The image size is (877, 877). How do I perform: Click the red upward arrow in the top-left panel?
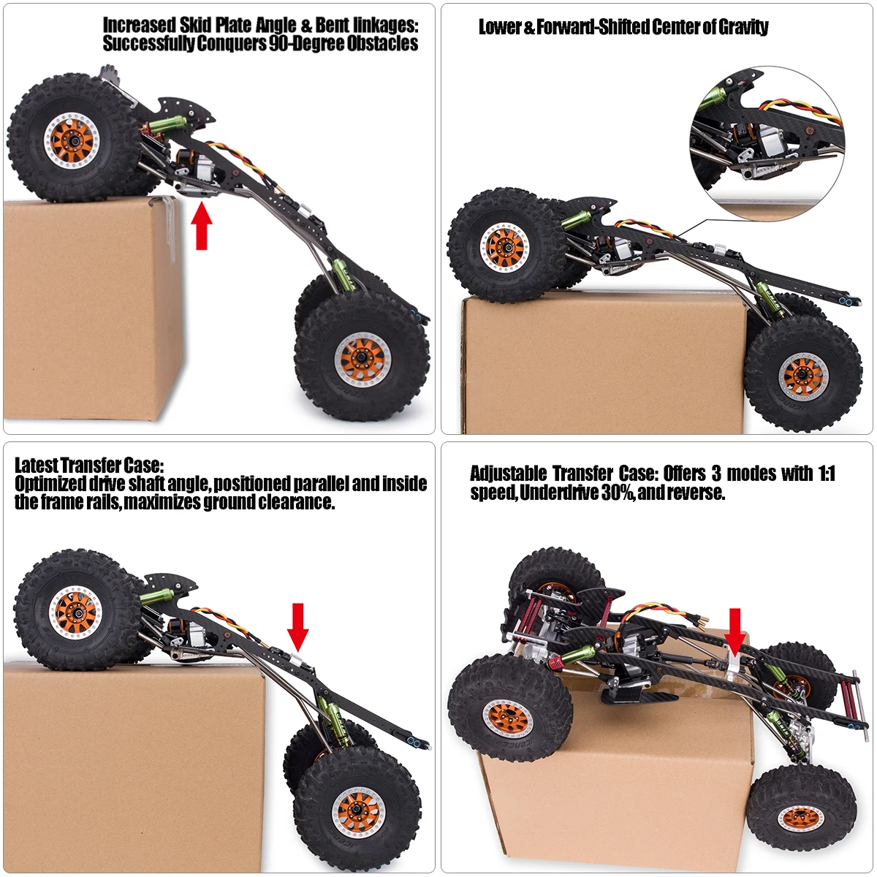click(202, 226)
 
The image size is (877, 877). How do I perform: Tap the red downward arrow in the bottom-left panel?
click(297, 626)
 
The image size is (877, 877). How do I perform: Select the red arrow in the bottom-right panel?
click(734, 631)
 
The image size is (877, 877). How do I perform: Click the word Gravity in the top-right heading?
click(743, 28)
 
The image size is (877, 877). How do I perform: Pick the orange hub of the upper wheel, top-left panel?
click(71, 139)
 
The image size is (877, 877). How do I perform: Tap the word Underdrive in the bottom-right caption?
click(561, 493)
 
